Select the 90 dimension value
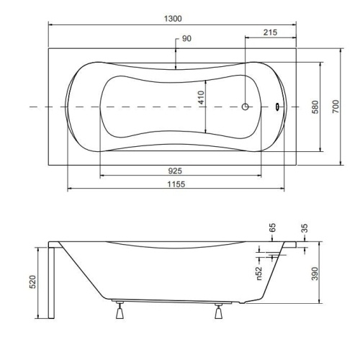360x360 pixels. point(186,38)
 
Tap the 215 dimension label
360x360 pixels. point(271,32)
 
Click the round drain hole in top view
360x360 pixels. point(246,107)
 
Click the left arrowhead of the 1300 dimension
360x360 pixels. point(51,23)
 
